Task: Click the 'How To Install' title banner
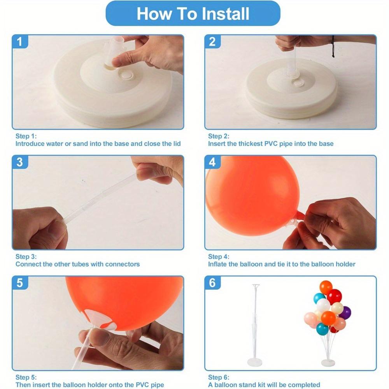tap(193, 14)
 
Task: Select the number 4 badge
tap(212, 162)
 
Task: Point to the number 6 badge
tap(212, 283)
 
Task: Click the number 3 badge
tap(19, 162)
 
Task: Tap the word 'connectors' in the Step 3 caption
tap(122, 264)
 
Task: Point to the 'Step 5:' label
tap(26, 377)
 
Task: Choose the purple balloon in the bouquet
tap(345, 312)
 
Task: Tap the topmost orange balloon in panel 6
tap(326, 287)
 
